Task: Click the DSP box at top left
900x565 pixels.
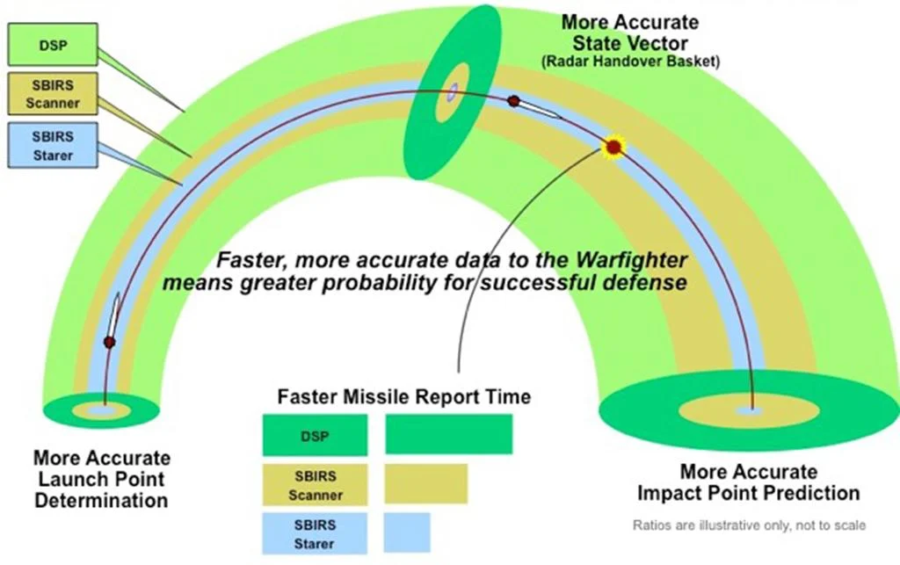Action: (x=52, y=45)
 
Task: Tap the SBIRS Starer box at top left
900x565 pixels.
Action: (x=52, y=145)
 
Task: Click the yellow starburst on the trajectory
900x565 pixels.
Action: (x=613, y=147)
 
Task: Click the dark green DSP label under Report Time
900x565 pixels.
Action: (x=315, y=435)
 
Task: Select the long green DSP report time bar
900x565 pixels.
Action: (x=448, y=435)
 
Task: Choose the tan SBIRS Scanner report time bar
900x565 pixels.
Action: (x=425, y=483)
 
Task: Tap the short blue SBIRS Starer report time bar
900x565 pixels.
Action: (x=407, y=532)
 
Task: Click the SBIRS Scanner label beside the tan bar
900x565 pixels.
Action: (x=315, y=483)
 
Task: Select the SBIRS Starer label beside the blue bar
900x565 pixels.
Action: (x=315, y=532)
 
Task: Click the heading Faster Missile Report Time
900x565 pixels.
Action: (x=404, y=396)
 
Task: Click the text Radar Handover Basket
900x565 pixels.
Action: (x=629, y=61)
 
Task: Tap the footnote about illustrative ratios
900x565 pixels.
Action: (x=750, y=525)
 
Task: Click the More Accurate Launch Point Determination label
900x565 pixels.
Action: (x=102, y=480)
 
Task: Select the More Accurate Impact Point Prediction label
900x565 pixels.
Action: (x=748, y=482)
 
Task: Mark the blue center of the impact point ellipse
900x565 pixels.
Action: (x=749, y=410)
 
